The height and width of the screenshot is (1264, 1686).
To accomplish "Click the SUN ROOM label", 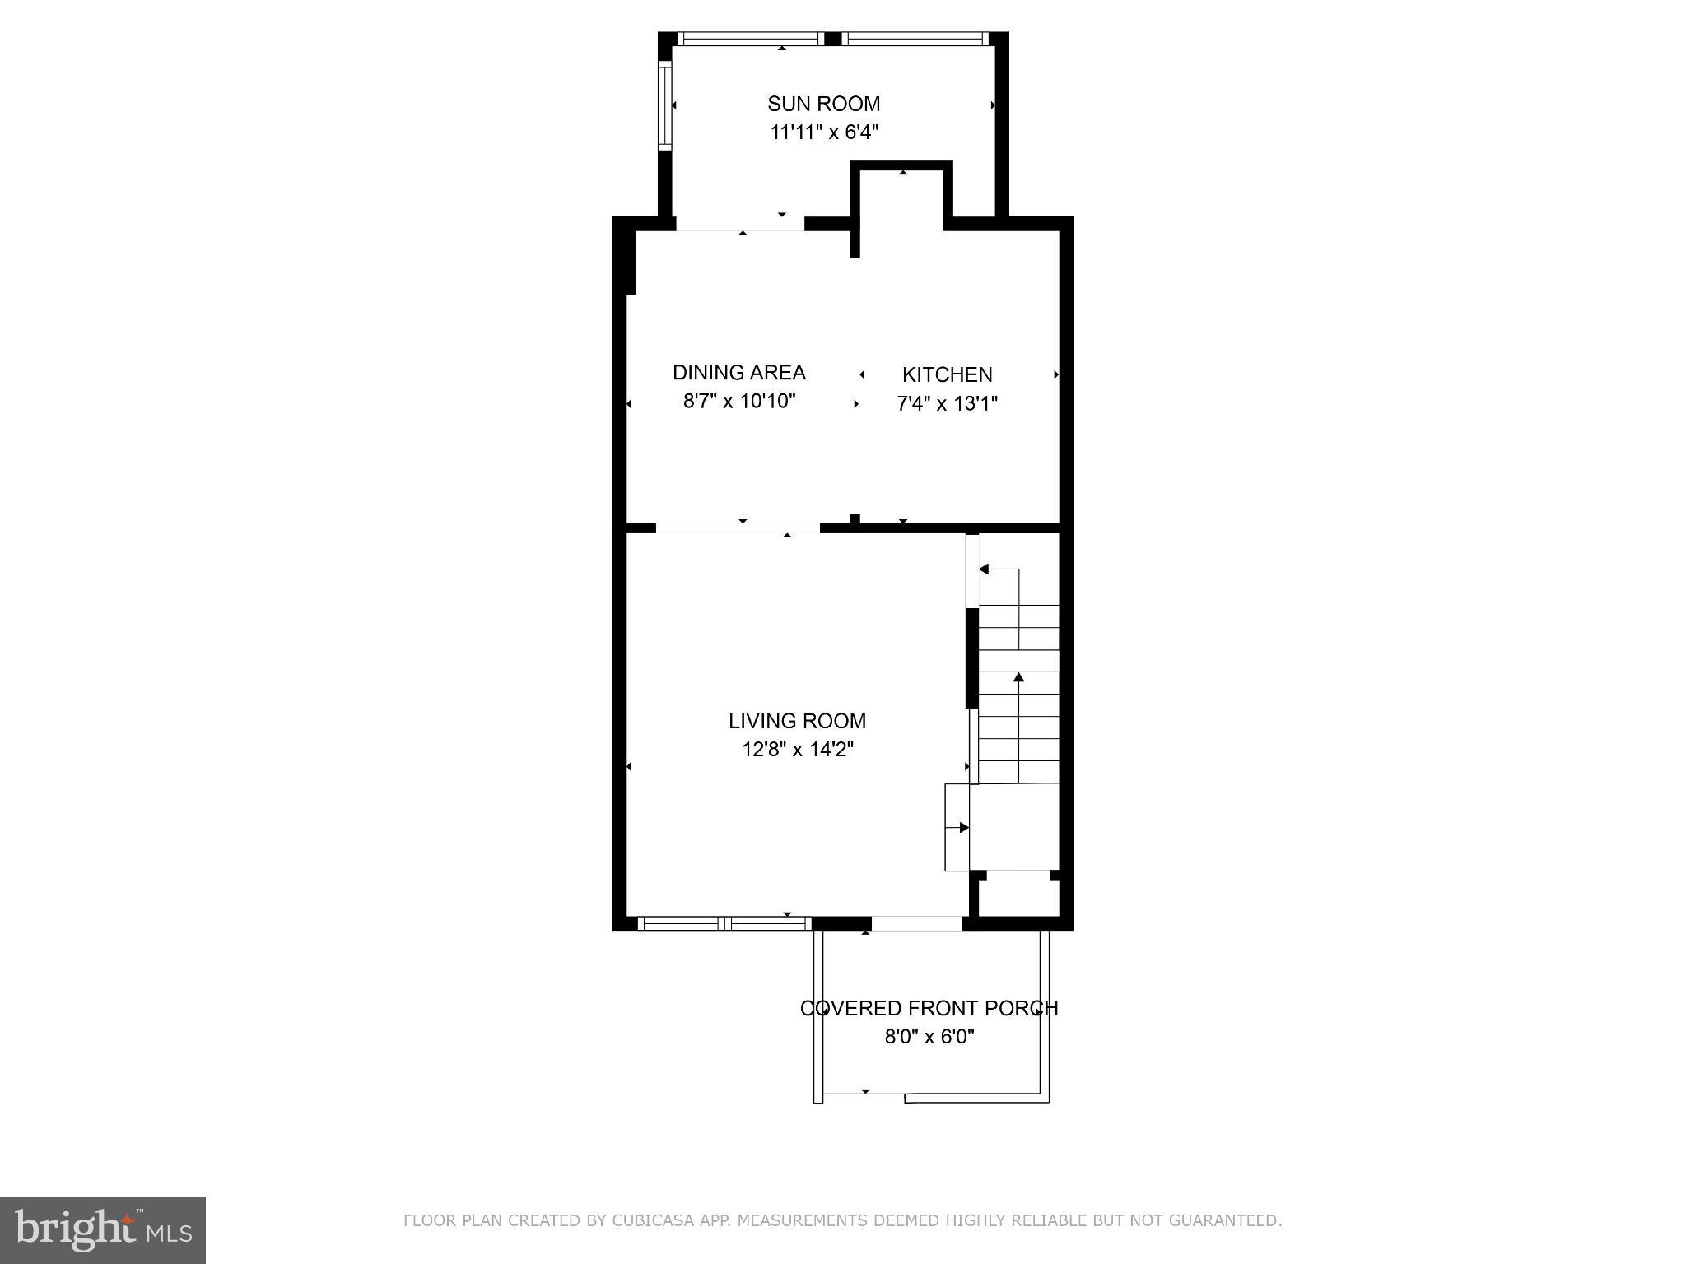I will point(823,104).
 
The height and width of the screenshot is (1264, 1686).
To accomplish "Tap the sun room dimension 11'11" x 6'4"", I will point(824,132).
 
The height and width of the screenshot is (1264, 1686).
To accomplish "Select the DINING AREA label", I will point(738,373).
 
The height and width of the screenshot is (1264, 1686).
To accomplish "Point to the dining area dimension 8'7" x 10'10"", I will point(738,402).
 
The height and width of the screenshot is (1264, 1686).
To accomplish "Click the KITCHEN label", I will point(947,375).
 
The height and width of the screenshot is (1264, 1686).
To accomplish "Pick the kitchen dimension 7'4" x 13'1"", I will point(947,404).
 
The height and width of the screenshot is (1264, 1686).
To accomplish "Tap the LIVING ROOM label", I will point(797,722).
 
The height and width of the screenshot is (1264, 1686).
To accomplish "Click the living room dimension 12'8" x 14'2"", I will point(797,750).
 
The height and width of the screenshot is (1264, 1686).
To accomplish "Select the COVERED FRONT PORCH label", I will point(929,1009).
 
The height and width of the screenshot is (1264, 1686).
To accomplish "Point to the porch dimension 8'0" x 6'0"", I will point(929,1037).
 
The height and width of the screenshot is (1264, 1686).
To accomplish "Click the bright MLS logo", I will point(102,1229).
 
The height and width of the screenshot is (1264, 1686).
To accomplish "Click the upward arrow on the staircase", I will point(1018,678).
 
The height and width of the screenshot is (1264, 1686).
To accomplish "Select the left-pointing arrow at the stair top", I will point(984,569).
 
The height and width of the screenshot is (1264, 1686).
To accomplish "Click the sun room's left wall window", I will point(664,105).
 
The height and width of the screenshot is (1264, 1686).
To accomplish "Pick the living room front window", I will point(724,923).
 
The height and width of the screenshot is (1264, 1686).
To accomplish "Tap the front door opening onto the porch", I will point(915,923).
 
